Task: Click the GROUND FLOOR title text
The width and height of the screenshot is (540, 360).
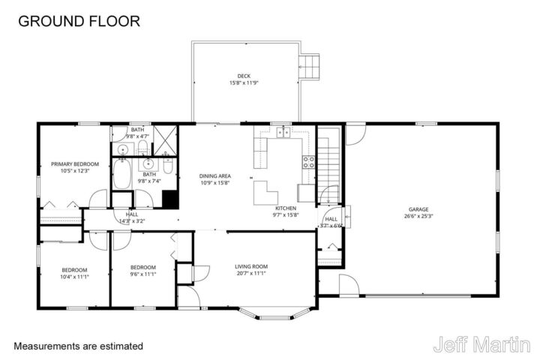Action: click(79, 21)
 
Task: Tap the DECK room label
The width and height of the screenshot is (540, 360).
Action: click(244, 75)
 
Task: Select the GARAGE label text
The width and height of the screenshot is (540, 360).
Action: click(418, 209)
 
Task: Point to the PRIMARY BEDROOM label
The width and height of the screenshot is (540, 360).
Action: click(70, 163)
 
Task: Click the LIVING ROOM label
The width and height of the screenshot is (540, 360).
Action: click(251, 266)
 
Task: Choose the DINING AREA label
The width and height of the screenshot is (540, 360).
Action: click(214, 175)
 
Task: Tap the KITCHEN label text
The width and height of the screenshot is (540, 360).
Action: click(285, 208)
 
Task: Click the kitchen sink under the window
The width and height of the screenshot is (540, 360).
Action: click(283, 133)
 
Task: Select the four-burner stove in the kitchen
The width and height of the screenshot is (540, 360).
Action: click(307, 160)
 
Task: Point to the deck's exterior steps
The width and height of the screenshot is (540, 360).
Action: click(310, 67)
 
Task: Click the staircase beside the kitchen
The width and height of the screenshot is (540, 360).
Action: click(328, 165)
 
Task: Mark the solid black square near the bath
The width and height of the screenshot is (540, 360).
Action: click(170, 199)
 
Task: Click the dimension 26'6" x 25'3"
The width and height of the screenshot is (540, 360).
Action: click(418, 216)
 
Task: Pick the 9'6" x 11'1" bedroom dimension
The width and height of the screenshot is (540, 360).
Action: click(142, 274)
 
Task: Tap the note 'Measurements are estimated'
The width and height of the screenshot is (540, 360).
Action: click(78, 346)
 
